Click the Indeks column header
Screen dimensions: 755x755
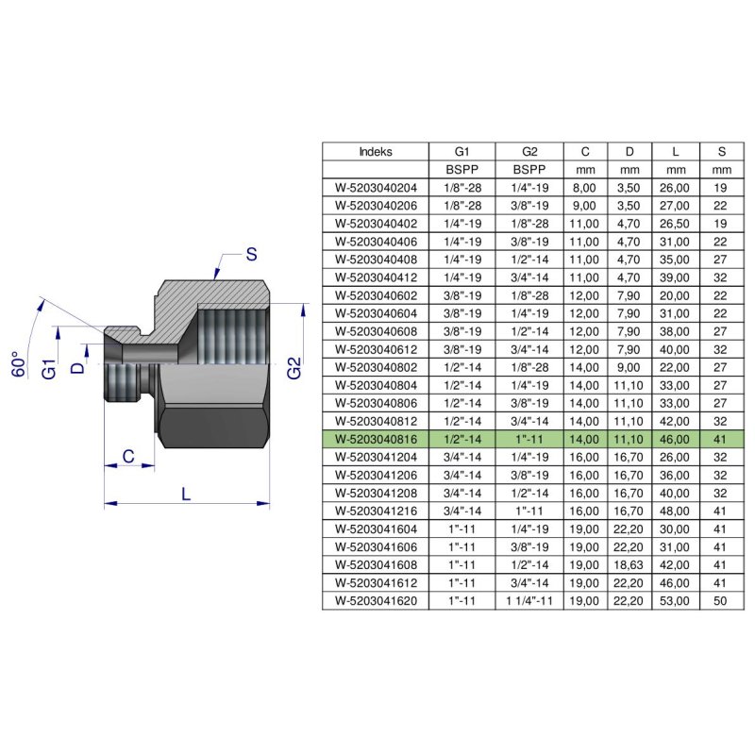pyautogui.click(x=376, y=151)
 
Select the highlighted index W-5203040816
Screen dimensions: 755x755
pyautogui.click(x=376, y=440)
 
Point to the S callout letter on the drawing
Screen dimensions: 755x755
pyautogui.click(x=252, y=253)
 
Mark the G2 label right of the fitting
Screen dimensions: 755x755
pyautogui.click(x=294, y=365)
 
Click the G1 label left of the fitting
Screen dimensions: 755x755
pyautogui.click(x=50, y=365)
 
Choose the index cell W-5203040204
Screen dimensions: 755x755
pyautogui.click(x=376, y=187)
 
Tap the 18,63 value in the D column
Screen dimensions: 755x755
pyautogui.click(x=629, y=565)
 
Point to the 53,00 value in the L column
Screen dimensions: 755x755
pyautogui.click(x=677, y=601)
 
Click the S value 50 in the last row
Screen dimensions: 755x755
pyautogui.click(x=722, y=601)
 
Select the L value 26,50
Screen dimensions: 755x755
pyautogui.click(x=677, y=224)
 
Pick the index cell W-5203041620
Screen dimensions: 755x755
pyautogui.click(x=376, y=601)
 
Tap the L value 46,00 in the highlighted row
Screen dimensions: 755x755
pyautogui.click(x=677, y=440)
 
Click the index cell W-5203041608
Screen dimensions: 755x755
pyautogui.click(x=376, y=565)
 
